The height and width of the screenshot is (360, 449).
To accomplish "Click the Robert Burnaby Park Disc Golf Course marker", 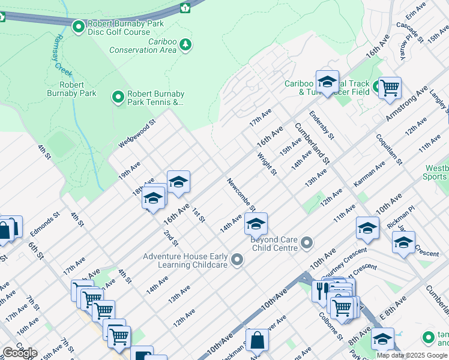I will tap(78, 26).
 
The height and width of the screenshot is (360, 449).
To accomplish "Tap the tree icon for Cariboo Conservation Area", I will tap(186, 44).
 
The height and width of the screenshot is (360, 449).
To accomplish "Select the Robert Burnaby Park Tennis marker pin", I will tap(118, 96).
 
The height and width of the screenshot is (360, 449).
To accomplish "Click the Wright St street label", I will tap(267, 164).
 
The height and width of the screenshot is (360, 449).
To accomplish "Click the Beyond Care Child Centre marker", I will tap(307, 243).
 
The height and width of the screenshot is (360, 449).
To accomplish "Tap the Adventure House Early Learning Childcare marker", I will tap(237, 259).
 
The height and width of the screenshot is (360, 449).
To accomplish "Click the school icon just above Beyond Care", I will tap(256, 224).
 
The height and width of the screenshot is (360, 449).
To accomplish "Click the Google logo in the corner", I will tap(20, 353).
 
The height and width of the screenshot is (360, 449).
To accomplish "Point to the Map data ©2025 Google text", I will tap(411, 355).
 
